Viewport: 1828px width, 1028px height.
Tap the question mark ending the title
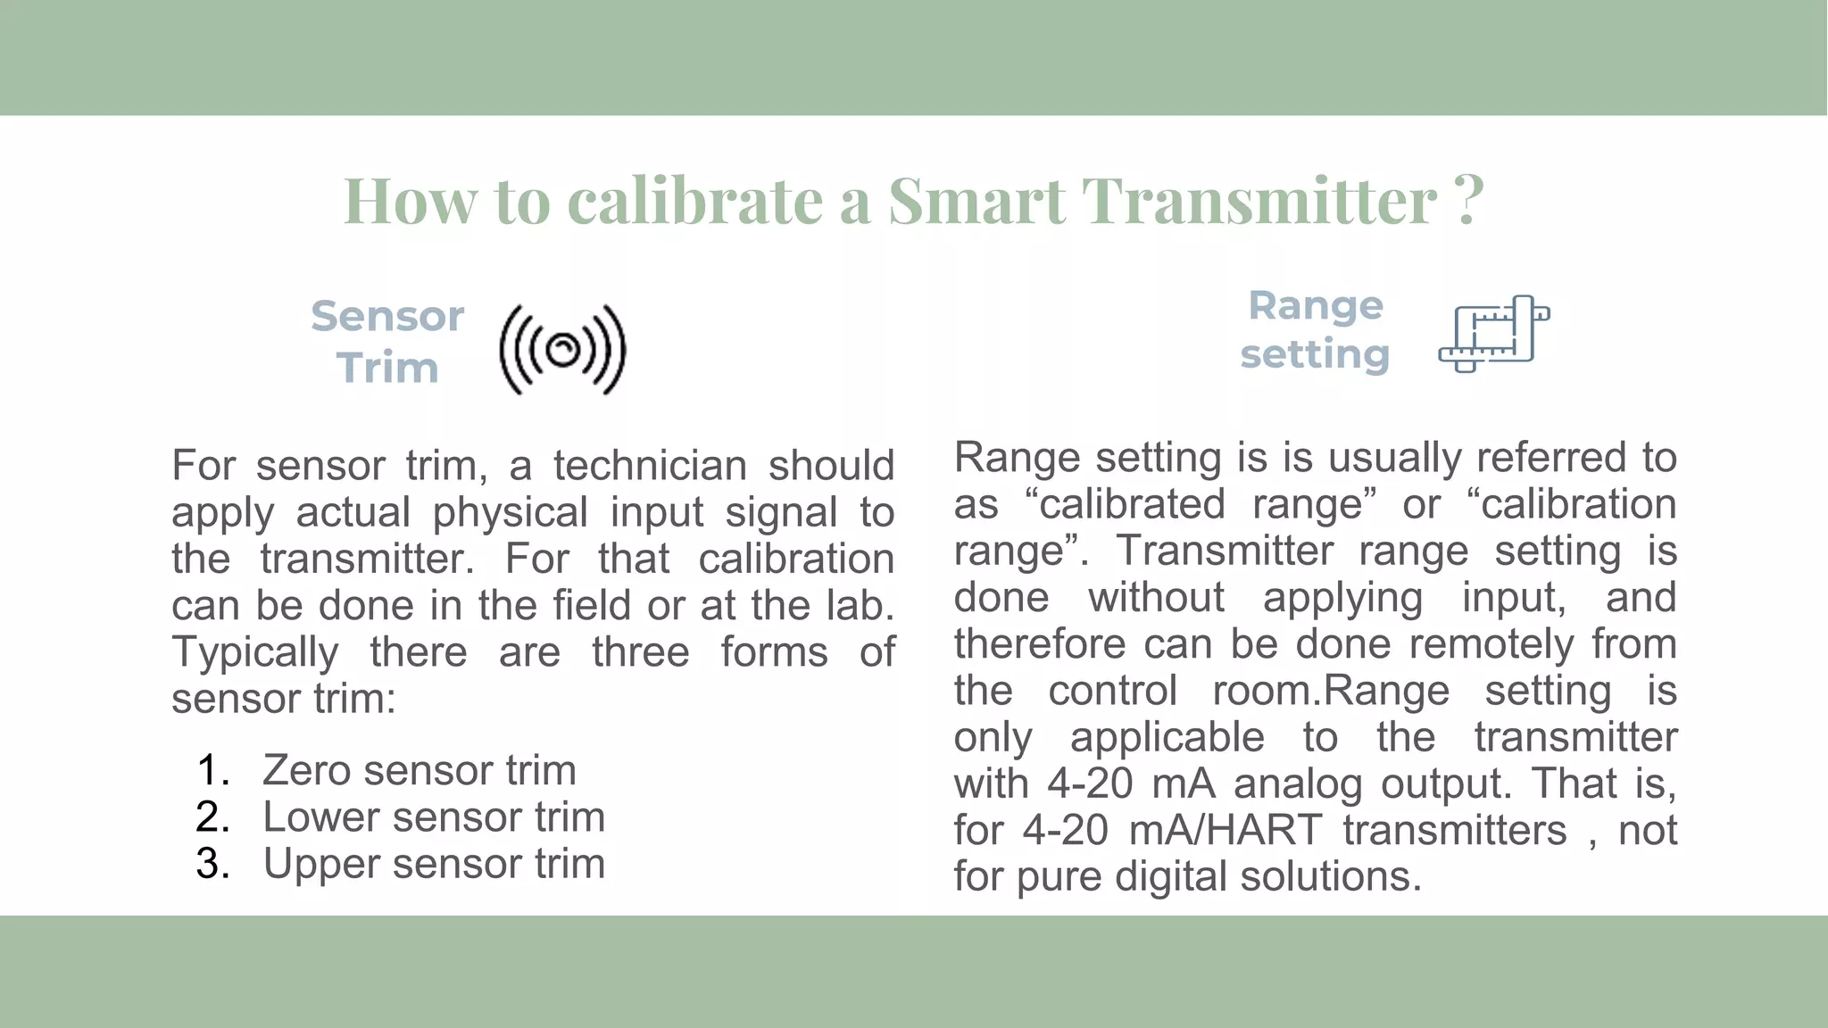tap(1468, 200)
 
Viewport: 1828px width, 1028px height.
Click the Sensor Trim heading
tap(387, 342)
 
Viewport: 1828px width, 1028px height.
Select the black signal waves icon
tap(562, 350)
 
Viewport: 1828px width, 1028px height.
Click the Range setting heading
tap(1315, 330)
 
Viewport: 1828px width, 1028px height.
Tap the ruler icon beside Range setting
tap(1493, 334)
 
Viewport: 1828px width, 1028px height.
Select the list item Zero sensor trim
tap(419, 770)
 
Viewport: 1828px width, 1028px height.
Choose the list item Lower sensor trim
tap(434, 817)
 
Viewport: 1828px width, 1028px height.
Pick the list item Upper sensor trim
tap(434, 864)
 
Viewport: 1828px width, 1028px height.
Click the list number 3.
tap(212, 864)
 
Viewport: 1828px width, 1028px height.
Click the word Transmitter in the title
tap(1259, 202)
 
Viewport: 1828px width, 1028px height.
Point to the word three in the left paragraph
tap(640, 652)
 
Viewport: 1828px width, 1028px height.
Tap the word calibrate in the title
tap(695, 202)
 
